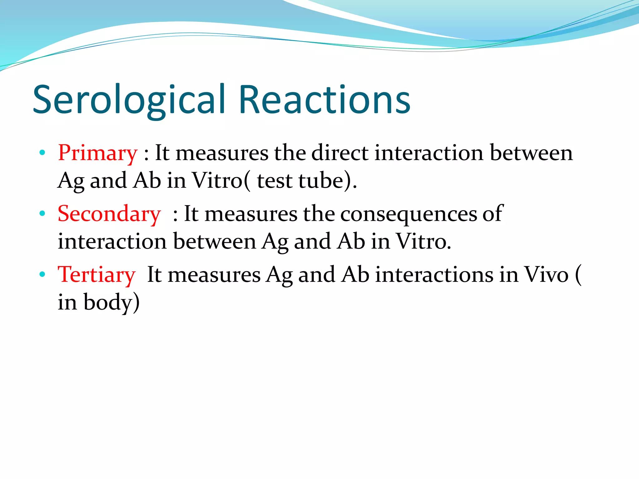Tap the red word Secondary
[x=109, y=214]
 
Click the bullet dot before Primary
[x=42, y=153]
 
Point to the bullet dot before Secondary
[x=42, y=214]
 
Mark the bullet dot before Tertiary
[x=42, y=274]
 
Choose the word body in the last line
[x=108, y=302]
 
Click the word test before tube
[x=275, y=181]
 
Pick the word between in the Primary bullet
[x=531, y=153]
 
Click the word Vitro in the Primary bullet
[x=217, y=181]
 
